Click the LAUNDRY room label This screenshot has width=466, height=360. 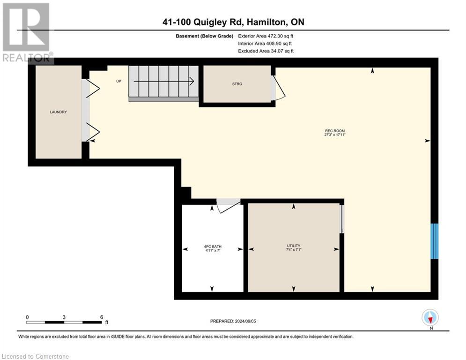point(59,112)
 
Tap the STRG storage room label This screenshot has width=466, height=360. point(237,84)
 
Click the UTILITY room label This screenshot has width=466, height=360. point(294,246)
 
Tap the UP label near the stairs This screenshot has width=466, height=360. point(118,81)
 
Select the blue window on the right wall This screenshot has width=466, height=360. point(435,241)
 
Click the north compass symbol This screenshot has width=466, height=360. point(430,318)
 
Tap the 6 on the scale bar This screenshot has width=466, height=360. point(102,317)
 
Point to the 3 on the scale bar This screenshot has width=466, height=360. point(64,317)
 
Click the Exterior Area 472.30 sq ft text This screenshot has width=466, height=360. point(266,36)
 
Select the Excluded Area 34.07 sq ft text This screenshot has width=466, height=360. point(266,51)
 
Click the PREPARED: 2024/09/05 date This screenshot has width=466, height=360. point(237,321)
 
